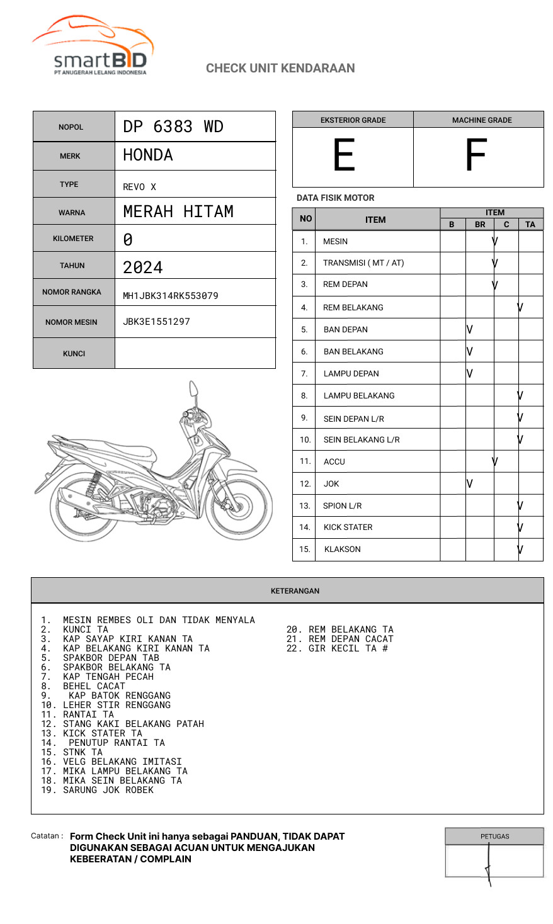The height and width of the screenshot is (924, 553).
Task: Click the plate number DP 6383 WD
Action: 173,127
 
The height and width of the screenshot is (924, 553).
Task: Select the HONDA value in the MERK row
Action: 148,155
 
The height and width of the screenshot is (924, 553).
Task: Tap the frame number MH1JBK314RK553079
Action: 170,296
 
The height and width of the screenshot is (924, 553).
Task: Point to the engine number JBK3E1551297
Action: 156,322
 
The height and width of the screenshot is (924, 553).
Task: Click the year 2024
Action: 143,268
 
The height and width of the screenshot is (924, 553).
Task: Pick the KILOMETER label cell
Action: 73,239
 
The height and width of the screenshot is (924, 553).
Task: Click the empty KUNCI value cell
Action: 195,353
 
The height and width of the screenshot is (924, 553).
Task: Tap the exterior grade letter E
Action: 344,155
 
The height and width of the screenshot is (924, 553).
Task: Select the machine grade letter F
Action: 476,155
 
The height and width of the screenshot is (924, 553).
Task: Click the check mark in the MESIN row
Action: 495,241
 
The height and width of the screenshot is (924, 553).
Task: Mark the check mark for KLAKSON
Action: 520,549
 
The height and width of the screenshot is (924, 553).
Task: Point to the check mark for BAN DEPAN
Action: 470,329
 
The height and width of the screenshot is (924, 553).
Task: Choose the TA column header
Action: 530,224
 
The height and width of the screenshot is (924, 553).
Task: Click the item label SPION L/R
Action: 342,505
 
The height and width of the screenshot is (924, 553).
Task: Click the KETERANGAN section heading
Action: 295,591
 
